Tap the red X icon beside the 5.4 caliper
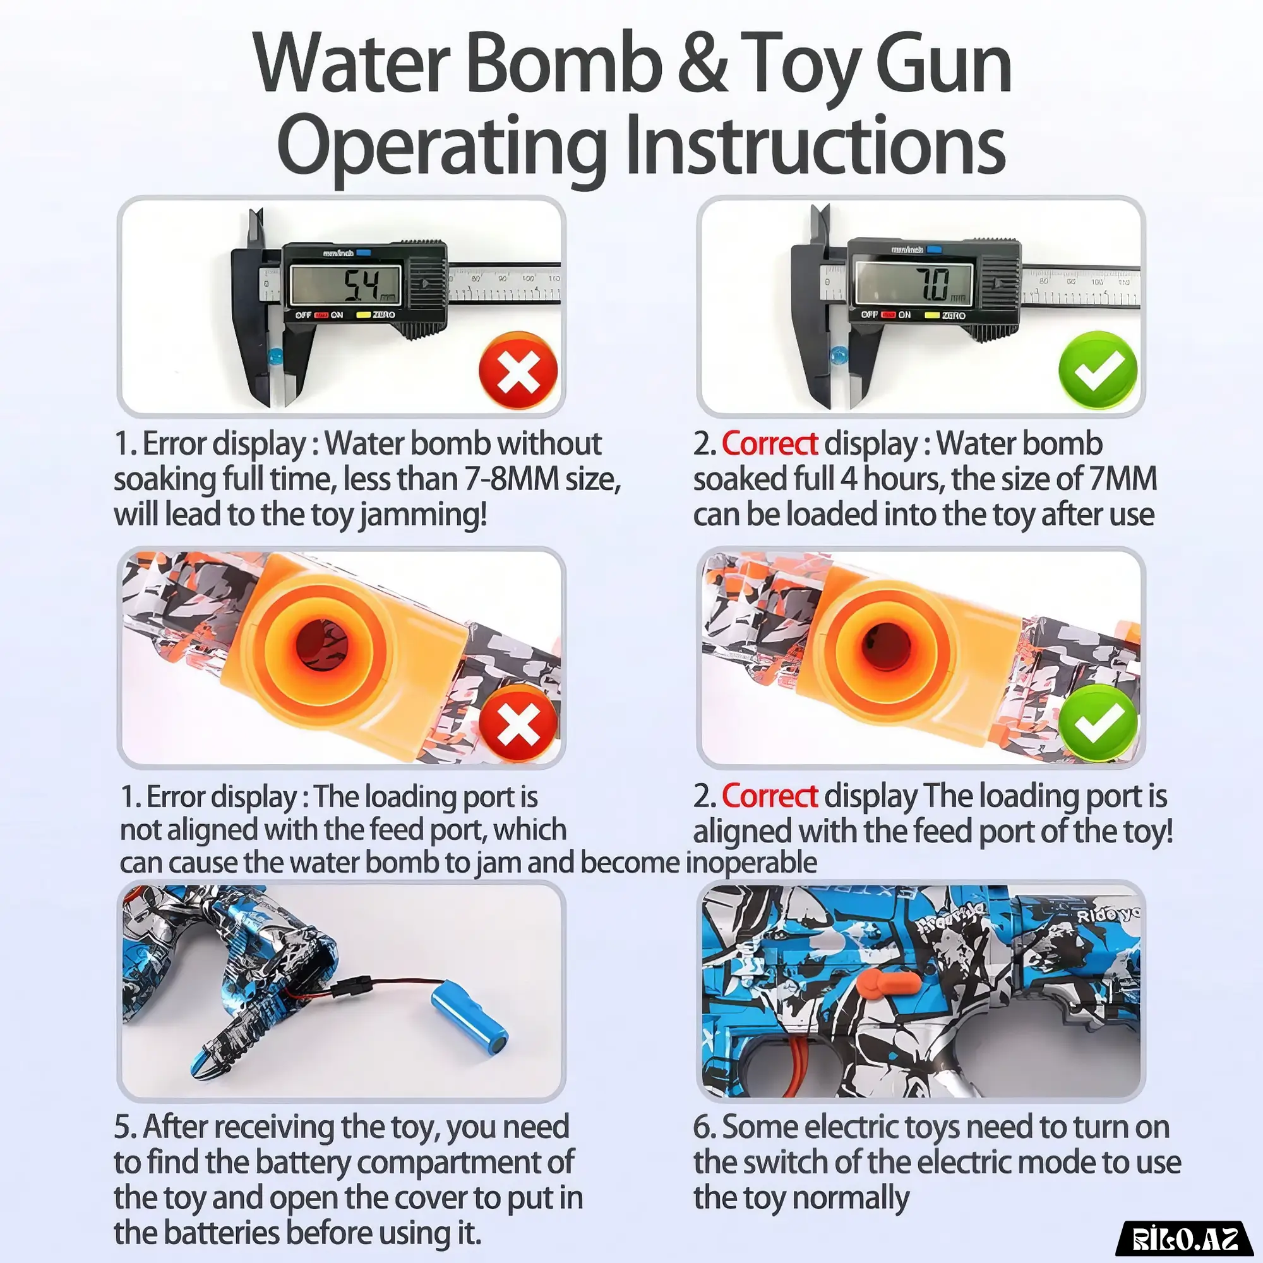[x=518, y=370]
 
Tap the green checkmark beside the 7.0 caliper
[x=1098, y=370]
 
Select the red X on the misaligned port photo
[x=518, y=724]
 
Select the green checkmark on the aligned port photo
[x=1098, y=723]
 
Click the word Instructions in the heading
[x=815, y=147]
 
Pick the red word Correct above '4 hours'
[x=769, y=444]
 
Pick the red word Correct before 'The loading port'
[x=769, y=796]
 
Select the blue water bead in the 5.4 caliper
[x=276, y=357]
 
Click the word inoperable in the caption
[x=751, y=863]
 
